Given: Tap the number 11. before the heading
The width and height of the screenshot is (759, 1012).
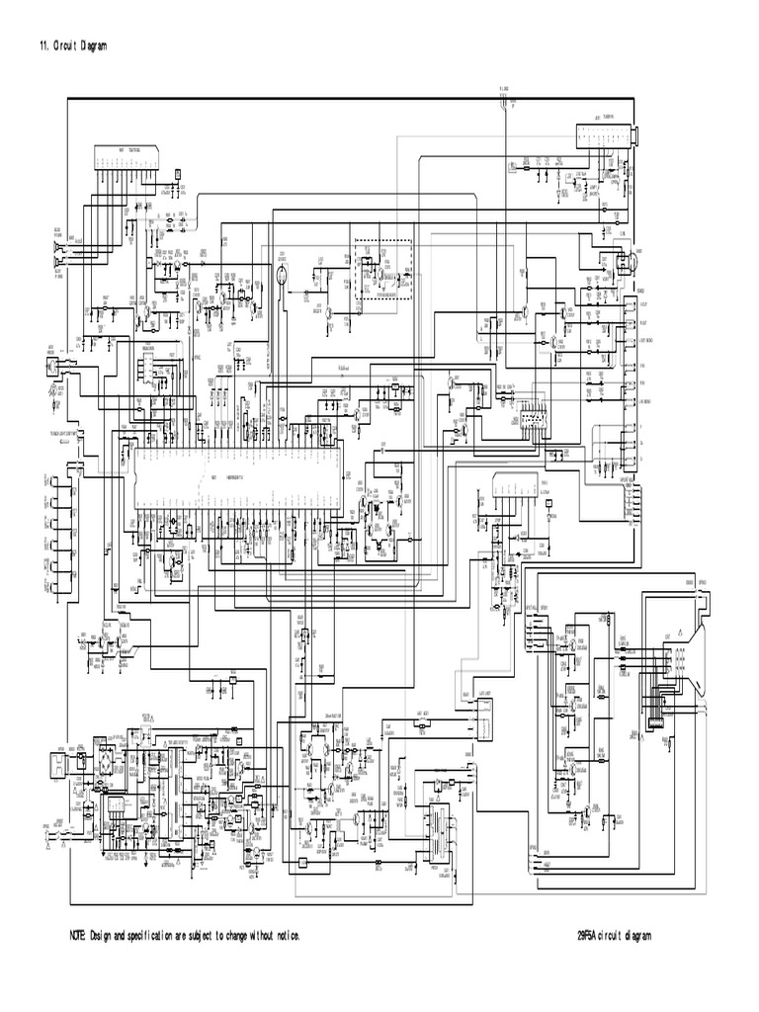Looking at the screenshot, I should click(x=42, y=45).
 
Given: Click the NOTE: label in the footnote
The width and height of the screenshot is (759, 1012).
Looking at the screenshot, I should click(x=77, y=935).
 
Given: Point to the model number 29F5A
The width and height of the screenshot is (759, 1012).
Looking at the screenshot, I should click(x=590, y=935).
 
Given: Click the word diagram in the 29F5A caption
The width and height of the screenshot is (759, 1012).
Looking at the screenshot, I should click(x=636, y=935).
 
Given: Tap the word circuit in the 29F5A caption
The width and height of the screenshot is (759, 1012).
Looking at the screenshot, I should click(x=613, y=935).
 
